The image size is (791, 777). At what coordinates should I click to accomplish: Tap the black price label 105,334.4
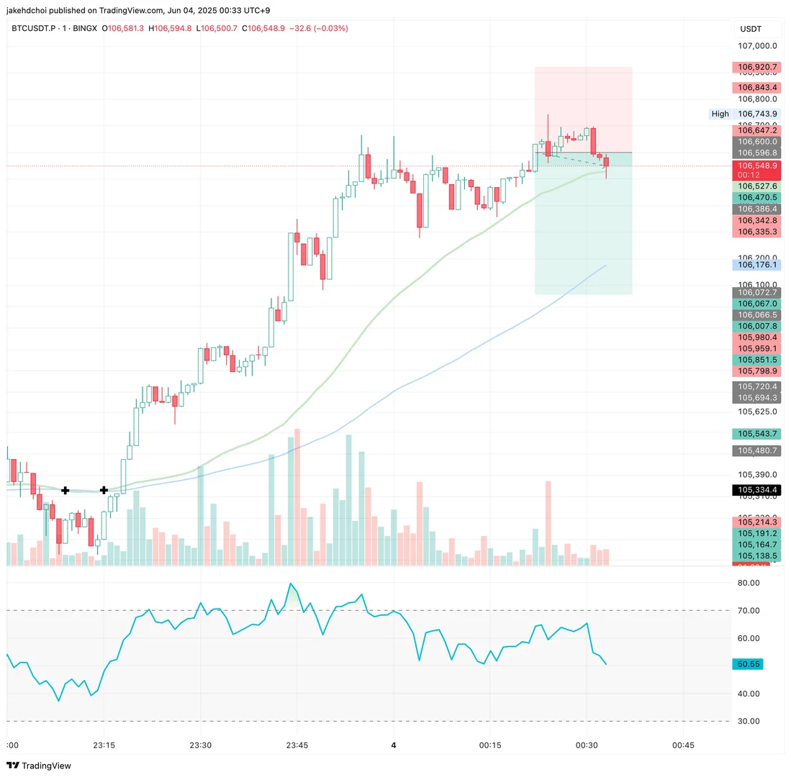click(x=756, y=490)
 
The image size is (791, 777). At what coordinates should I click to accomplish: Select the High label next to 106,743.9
click(x=720, y=114)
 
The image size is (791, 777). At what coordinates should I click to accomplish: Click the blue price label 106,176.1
click(x=756, y=265)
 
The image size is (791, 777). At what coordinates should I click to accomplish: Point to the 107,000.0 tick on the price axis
click(x=758, y=45)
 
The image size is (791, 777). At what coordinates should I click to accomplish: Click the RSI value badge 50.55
click(x=746, y=664)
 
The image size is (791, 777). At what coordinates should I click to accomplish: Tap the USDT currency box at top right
click(x=751, y=29)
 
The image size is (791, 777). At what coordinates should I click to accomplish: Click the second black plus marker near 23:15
click(x=104, y=490)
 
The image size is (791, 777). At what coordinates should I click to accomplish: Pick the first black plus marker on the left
click(x=65, y=490)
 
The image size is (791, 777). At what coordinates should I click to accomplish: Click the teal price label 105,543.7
click(x=756, y=434)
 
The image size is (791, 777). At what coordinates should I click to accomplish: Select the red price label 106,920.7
click(x=756, y=68)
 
